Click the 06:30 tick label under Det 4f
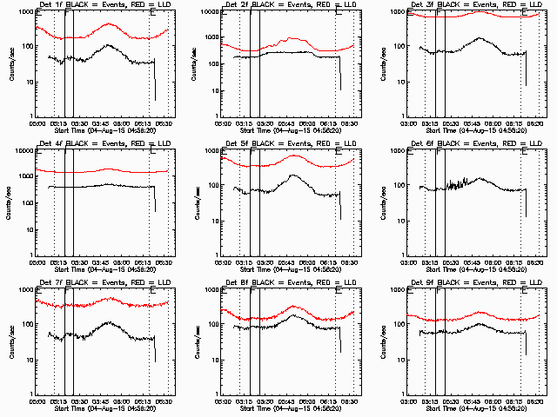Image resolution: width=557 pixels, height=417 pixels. coord(166,261)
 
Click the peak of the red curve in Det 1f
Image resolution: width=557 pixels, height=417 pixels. coord(109,24)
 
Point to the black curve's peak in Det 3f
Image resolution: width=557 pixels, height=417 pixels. coord(480,38)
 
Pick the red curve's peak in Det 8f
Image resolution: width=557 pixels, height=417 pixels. coord(294,307)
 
